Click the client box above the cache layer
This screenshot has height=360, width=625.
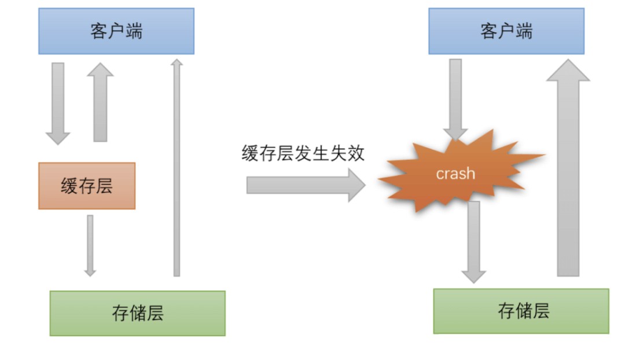pos(116,31)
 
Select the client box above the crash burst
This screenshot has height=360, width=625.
pos(506,31)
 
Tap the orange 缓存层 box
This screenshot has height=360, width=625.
pos(87,186)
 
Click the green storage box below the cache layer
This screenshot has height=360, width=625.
pos(137,313)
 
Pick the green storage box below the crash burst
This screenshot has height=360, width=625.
pos(521,311)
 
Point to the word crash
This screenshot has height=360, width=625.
pos(455,174)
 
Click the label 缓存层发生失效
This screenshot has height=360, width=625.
pos(303,154)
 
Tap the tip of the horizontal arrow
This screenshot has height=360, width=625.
pos(363,185)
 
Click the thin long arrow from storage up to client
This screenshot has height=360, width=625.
pos(177,168)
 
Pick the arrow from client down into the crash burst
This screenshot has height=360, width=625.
pos(455,98)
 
